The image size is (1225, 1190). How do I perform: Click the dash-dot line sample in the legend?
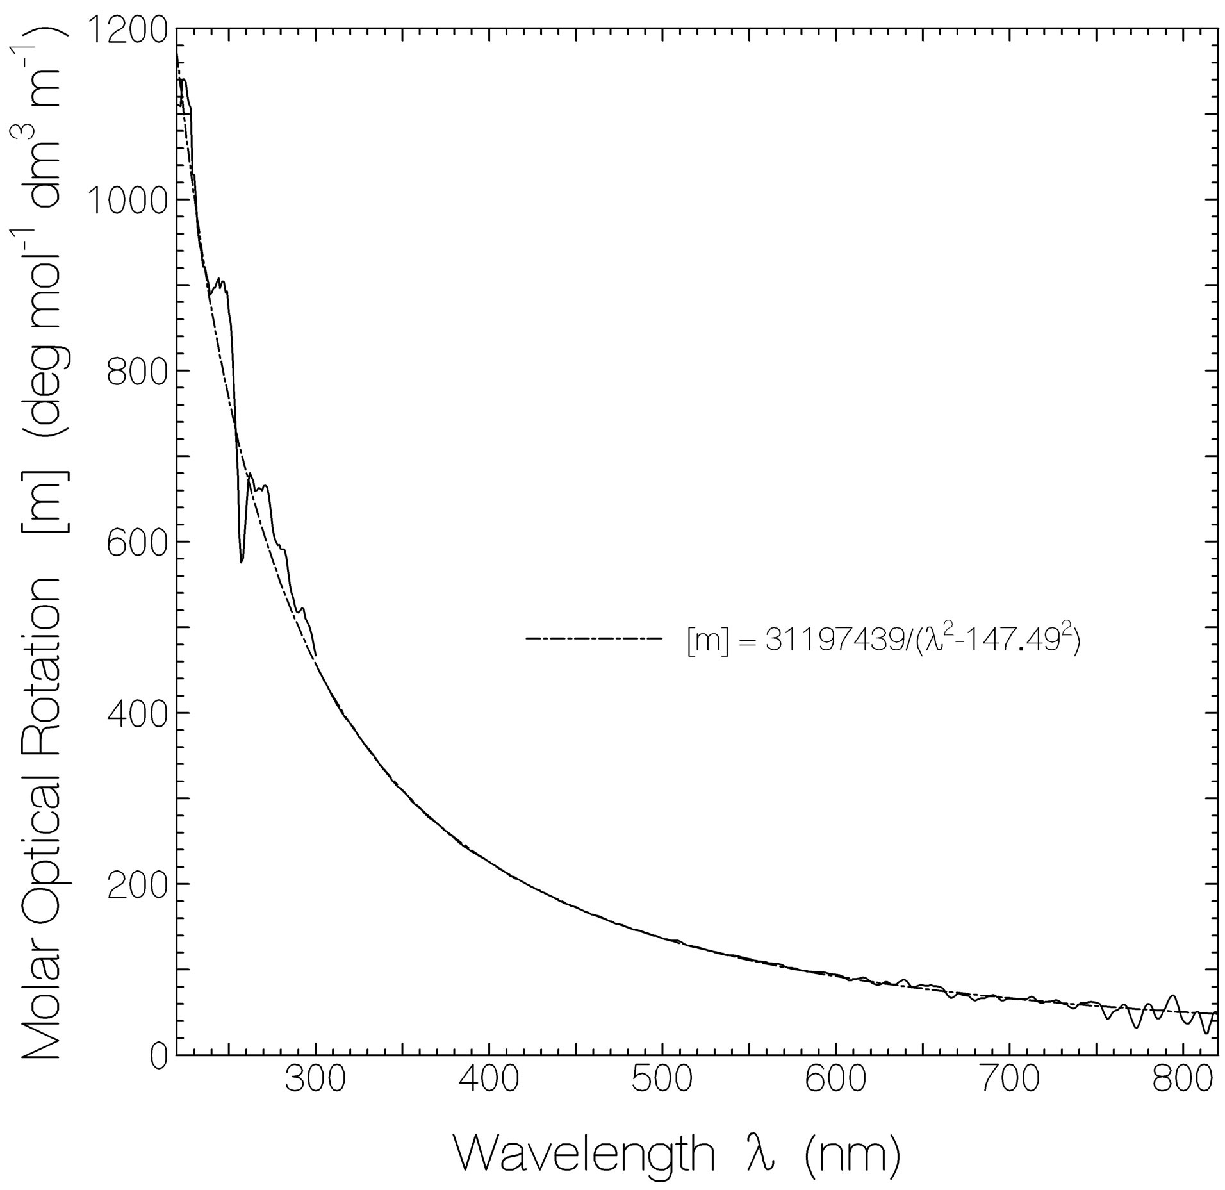click(x=593, y=638)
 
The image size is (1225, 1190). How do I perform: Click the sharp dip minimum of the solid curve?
click(x=241, y=562)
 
